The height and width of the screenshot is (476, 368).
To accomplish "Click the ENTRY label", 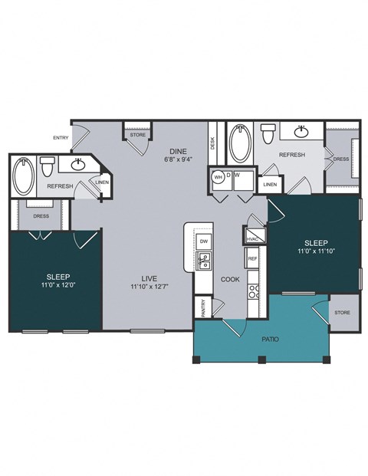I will click(61, 138).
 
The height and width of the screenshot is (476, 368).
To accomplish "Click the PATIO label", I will click(269, 338).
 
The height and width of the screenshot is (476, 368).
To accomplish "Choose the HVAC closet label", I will click(254, 237).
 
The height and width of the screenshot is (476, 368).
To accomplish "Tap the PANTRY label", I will click(203, 307).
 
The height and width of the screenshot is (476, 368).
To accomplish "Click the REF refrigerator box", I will click(252, 260).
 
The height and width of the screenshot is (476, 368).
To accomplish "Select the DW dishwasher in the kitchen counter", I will click(204, 241).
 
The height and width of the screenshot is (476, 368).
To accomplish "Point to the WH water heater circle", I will click(218, 176).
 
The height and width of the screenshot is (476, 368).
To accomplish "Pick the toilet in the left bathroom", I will click(48, 166).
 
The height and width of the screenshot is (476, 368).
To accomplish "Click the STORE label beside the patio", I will click(342, 313).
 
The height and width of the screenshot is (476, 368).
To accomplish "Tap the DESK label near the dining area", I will click(212, 143).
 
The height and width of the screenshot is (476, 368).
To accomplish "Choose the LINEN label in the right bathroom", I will click(269, 185).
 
